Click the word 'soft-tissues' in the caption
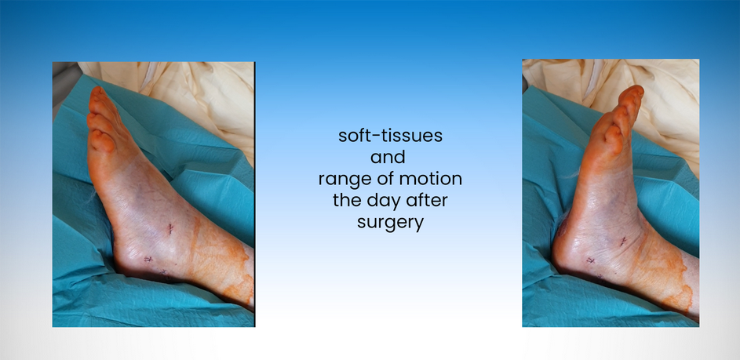[x=390, y=136]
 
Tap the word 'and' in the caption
[x=388, y=157]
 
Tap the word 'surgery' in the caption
[x=390, y=222]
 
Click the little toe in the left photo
[x=102, y=141]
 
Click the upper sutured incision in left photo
[x=170, y=229]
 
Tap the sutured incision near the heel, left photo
[x=148, y=259]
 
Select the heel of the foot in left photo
[x=124, y=262]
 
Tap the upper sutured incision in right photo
[x=623, y=242]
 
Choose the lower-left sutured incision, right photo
[x=590, y=260]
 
